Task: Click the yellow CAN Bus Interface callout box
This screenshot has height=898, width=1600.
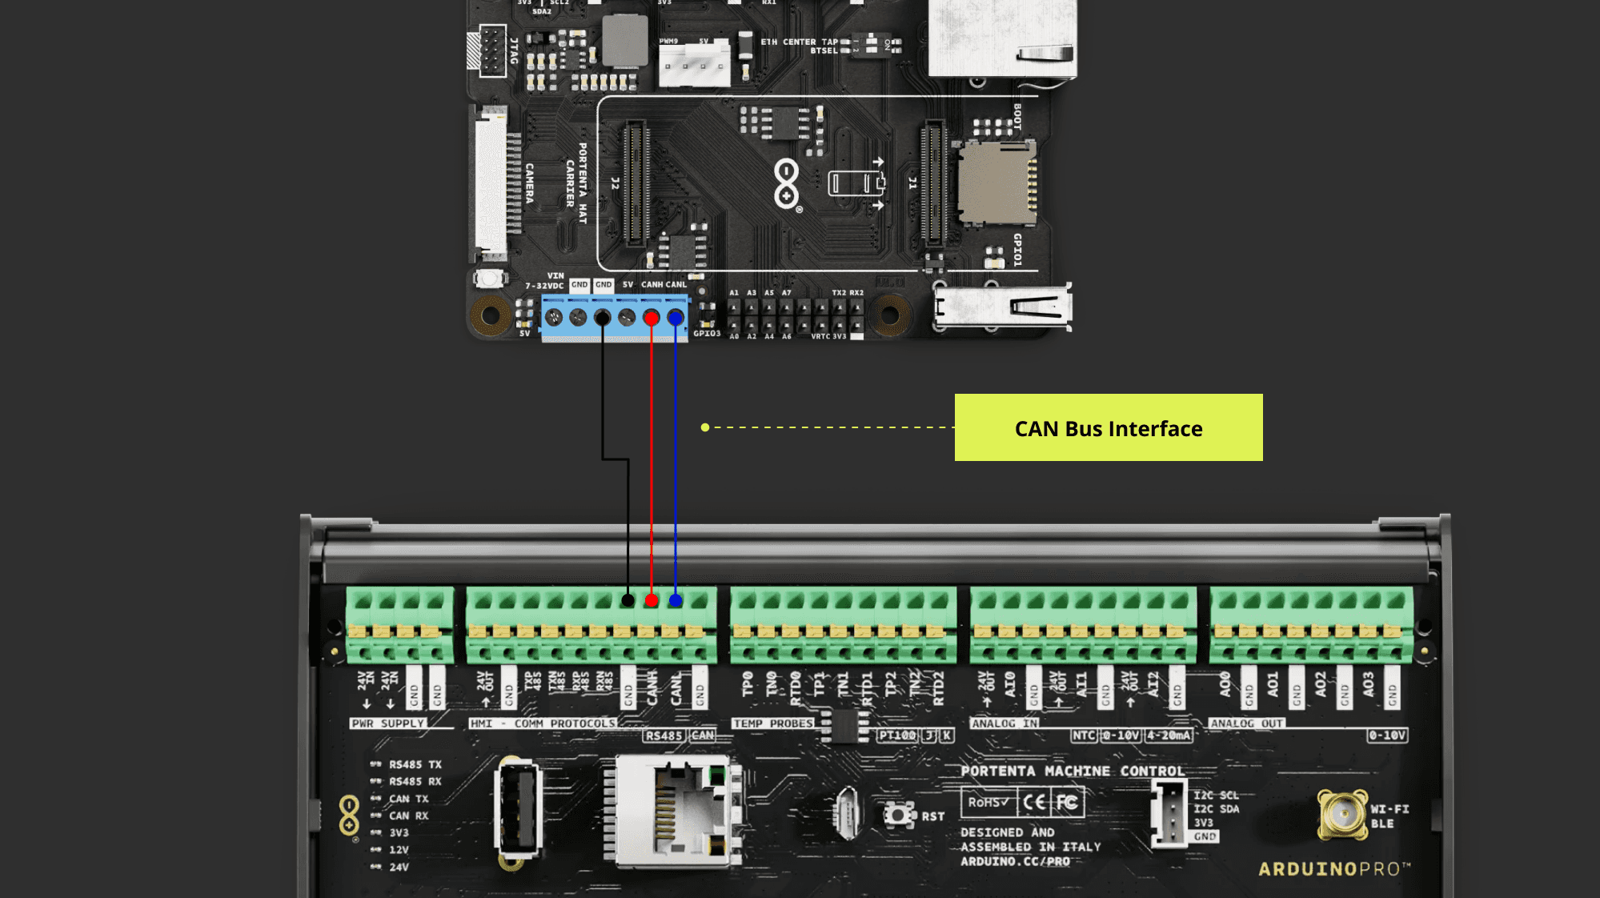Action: point(1108,427)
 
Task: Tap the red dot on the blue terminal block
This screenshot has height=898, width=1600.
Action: point(652,319)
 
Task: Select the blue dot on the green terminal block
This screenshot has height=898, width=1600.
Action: point(676,599)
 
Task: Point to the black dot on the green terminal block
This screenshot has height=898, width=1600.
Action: point(628,599)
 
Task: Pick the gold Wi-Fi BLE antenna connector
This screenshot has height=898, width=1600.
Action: point(1342,814)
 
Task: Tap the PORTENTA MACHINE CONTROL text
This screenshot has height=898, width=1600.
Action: point(1073,771)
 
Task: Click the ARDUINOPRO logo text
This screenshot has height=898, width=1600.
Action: point(1333,869)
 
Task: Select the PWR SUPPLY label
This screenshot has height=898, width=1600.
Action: point(388,724)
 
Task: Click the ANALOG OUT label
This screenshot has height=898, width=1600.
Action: point(1246,724)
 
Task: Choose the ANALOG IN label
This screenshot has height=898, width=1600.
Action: point(1005,724)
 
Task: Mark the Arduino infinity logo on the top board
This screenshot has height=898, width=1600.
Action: point(787,184)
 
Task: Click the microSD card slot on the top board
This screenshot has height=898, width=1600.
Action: point(997,182)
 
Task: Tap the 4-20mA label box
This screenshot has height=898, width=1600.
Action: point(1169,736)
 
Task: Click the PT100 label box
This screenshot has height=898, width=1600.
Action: point(897,736)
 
